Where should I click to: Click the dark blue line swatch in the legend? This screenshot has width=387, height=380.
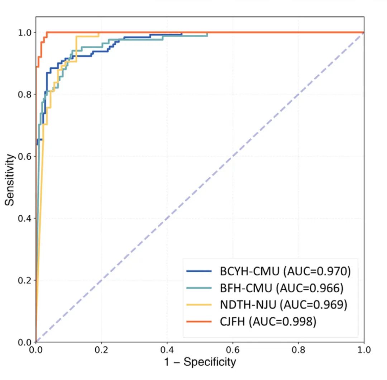tap(199, 272)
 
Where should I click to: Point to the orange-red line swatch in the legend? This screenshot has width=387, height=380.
tap(199, 322)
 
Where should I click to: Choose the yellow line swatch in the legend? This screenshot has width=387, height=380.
tap(199, 305)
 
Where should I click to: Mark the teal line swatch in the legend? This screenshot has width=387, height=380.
tap(199, 288)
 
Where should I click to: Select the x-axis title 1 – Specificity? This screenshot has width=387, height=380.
tap(200, 362)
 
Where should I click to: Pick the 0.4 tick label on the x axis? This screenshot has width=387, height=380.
tap(167, 349)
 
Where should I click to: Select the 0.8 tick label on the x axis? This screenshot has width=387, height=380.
tap(298, 349)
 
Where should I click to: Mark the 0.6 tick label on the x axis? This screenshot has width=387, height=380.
tap(233, 349)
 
